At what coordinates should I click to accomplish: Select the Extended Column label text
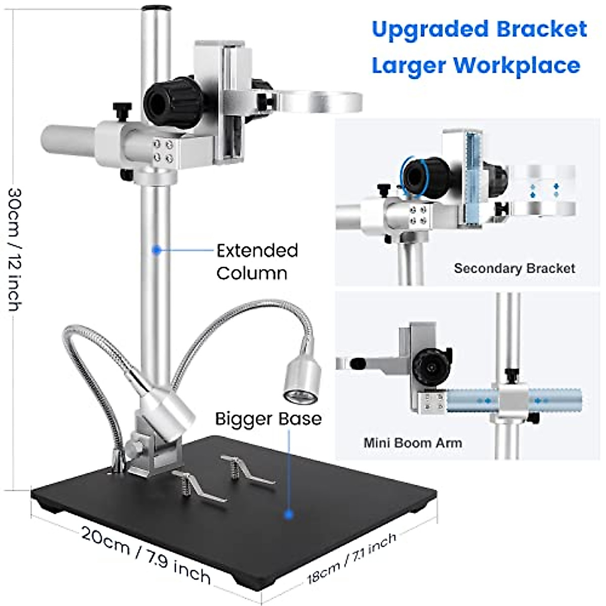(257, 262)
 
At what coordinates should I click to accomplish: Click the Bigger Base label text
(268, 419)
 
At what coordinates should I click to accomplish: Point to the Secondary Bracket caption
(514, 268)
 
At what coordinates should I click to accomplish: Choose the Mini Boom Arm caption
(413, 443)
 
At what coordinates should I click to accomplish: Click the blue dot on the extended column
(157, 249)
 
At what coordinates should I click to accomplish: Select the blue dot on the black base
(289, 515)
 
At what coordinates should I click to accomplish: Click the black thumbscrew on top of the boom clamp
(122, 109)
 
